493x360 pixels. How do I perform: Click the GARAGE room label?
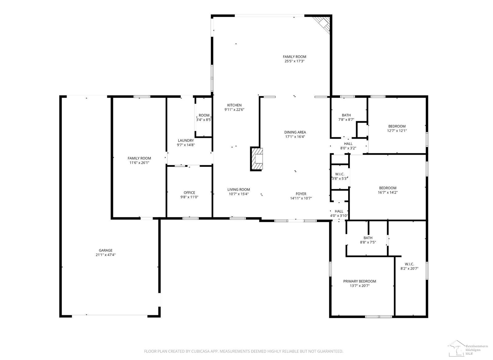106,250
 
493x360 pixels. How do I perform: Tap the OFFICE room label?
189,193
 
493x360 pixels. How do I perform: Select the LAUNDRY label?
186,141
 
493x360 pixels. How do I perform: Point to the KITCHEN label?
234,105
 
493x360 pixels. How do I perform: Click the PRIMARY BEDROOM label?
360,281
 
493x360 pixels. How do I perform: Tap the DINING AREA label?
295,132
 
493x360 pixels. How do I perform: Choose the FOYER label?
301,194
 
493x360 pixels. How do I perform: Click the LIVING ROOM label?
238,190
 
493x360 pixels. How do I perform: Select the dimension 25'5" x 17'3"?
295,61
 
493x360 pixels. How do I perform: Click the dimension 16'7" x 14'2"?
388,192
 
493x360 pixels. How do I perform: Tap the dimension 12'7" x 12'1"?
397,131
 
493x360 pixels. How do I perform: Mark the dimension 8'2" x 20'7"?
409,269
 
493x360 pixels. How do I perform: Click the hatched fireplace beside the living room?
257,159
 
